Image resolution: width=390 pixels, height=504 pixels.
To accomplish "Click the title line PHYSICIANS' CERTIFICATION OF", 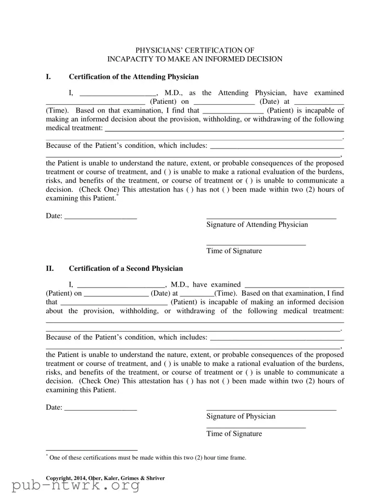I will click(195, 50).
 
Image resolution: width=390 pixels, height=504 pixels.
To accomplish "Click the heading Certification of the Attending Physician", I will click(133, 77).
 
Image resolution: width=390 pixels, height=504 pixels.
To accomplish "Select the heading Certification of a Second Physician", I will click(126, 268).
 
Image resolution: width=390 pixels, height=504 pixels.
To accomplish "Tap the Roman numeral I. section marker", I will click(48, 77).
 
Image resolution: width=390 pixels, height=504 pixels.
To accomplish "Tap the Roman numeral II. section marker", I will click(50, 268).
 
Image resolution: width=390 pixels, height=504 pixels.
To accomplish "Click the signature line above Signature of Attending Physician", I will click(271, 219).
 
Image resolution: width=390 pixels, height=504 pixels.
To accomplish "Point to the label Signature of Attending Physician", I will click(257, 225).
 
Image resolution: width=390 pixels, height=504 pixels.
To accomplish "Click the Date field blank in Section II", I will click(100, 408).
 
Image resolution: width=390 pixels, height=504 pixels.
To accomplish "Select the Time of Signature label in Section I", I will click(234, 251).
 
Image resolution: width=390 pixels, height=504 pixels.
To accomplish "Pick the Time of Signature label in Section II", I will click(234, 434).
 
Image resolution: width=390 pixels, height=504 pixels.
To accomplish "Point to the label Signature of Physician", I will click(241, 416).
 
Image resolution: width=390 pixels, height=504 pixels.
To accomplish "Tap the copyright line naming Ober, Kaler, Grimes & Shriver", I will click(105, 478).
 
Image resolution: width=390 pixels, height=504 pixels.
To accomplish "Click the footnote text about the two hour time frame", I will click(147, 458).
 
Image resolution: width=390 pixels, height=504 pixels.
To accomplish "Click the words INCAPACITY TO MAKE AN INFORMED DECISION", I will click(195, 59).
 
